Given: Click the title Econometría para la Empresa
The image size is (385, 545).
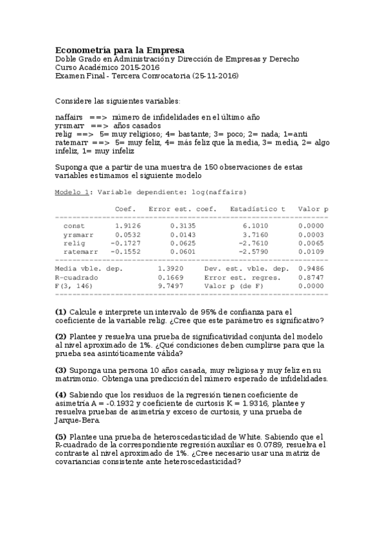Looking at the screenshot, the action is coord(120,50).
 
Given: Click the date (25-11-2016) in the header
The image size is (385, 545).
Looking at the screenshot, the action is coord(215,76).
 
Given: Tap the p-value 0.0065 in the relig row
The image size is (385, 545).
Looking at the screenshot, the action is coord(313,244).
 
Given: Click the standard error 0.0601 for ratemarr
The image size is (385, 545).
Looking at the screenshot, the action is coord(183,253).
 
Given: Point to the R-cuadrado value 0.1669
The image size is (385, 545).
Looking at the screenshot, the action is coord(170,277).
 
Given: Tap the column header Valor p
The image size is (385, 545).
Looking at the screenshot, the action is coord(313,209).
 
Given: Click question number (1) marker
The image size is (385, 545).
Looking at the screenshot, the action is coord(61,311).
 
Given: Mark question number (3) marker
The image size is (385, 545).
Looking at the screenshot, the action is coord(61,370).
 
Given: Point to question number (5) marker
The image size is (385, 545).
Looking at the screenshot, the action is coord(61,436).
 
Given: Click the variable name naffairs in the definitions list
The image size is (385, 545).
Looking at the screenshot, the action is coord(69,118).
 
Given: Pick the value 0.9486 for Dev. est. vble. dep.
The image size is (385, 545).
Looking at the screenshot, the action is coord(313,268).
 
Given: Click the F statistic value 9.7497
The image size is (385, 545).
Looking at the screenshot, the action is coord(170,285).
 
